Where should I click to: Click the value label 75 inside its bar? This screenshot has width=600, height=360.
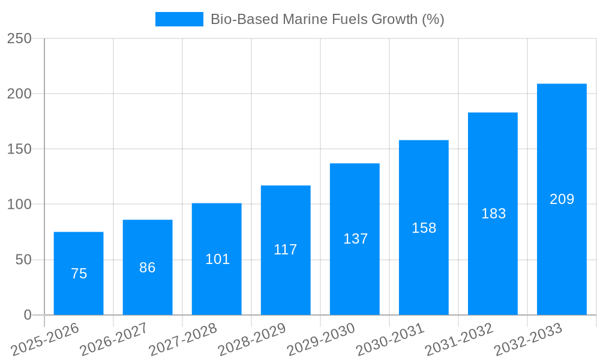79,274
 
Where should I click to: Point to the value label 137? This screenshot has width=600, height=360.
355,239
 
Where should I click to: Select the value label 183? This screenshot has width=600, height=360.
493,214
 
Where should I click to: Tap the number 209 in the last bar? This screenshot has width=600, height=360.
562,199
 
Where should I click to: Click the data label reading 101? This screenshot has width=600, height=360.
217,259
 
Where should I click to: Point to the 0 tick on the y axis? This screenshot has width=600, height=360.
28,315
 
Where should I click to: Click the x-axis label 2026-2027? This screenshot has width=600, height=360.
113,340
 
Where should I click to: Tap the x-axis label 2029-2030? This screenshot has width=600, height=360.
321,340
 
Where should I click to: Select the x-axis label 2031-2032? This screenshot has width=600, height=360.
459,340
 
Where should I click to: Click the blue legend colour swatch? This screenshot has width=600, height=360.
179,19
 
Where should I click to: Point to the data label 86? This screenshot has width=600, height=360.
148,268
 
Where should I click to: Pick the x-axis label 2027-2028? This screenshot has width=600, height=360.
182,340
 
